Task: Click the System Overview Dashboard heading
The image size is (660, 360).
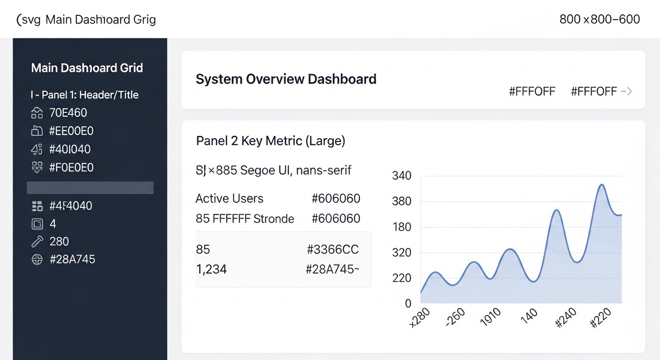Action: point(286,79)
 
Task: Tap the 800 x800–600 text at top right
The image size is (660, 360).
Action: point(600,19)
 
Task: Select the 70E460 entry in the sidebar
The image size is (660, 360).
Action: point(68,113)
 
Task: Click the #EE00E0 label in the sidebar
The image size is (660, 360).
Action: point(71,131)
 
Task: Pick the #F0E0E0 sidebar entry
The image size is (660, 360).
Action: point(71,168)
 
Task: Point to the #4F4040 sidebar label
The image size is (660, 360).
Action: point(70,206)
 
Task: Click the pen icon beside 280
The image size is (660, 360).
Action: point(37,242)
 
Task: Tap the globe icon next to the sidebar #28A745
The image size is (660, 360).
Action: point(37,260)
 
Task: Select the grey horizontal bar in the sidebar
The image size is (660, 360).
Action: point(90,187)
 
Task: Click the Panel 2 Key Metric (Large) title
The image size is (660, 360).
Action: point(270,141)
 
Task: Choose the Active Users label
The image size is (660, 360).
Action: point(229,199)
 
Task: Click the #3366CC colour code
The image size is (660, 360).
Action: point(332,250)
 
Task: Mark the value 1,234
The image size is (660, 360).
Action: point(211,270)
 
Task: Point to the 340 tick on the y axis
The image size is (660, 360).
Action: point(401,176)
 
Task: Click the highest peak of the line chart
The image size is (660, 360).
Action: point(602,185)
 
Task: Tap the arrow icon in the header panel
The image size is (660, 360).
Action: point(627,91)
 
